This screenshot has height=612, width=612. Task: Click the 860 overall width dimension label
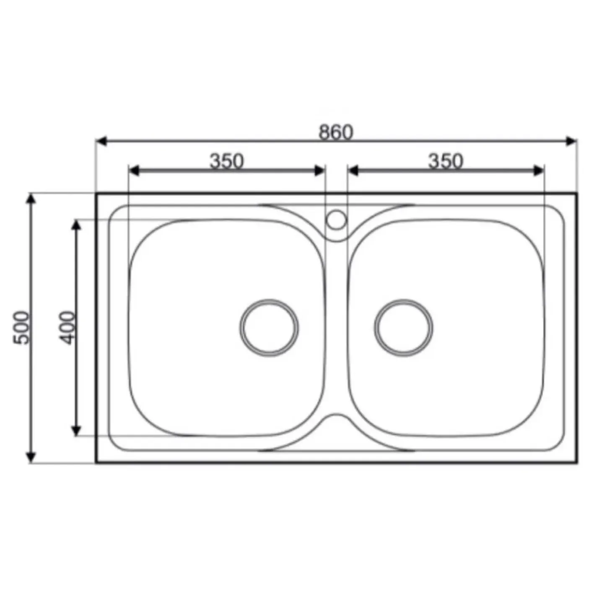point(335,132)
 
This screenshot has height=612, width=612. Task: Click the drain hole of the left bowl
point(269,328)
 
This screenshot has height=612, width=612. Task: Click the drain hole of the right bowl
point(403,328)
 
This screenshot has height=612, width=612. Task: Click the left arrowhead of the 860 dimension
point(101,141)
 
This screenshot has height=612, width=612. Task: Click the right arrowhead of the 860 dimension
point(571,141)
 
